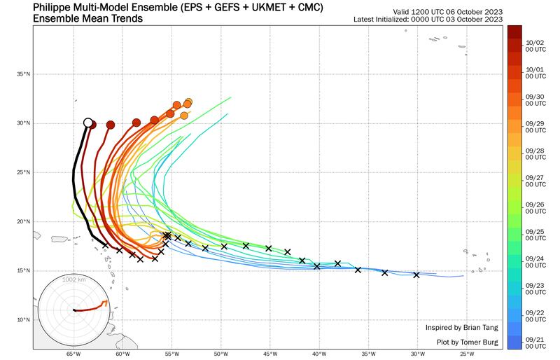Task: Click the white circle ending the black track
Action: click(x=88, y=123)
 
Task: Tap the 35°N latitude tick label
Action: click(x=24, y=74)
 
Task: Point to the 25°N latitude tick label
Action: click(x=24, y=172)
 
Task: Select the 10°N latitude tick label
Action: click(x=24, y=320)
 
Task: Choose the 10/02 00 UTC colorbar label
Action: click(x=535, y=46)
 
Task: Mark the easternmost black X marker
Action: click(x=416, y=275)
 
